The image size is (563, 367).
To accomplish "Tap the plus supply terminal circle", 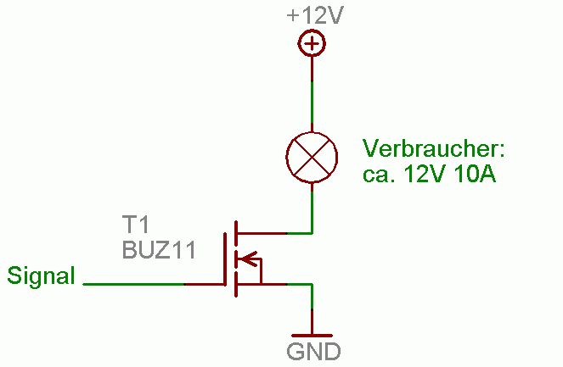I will point(312,44).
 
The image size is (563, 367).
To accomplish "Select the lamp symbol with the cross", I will point(312,157).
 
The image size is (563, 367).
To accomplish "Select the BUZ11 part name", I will point(159,250).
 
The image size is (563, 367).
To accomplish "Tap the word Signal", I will point(41,275).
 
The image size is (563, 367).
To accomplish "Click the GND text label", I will point(312,352).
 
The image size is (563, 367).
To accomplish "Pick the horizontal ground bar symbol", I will point(312,336).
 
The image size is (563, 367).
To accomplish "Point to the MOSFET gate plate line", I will point(224,259).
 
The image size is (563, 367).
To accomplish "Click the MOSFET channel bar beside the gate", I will point(234,259).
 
